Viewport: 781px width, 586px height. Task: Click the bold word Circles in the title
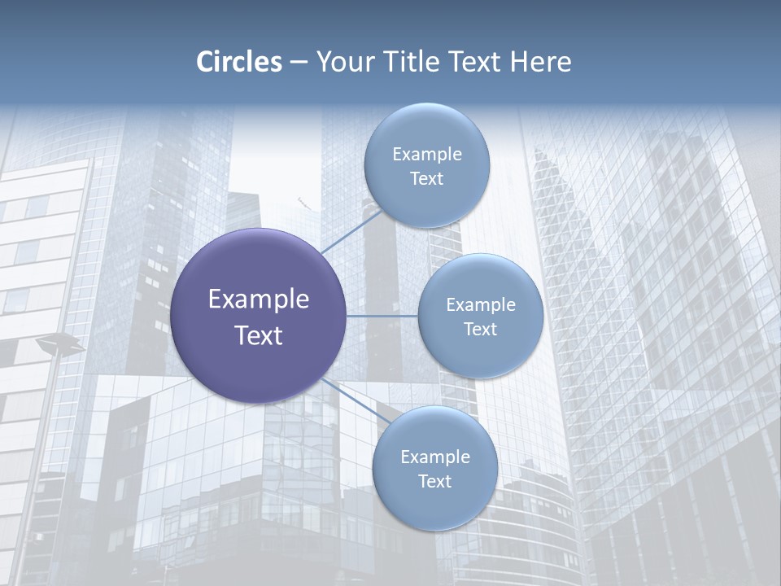[x=239, y=62]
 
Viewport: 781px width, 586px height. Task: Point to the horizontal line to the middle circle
[x=382, y=316]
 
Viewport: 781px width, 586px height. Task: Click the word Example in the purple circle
[x=259, y=300]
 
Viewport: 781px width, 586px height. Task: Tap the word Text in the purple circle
[x=259, y=335]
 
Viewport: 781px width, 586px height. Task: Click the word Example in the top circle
[x=427, y=155]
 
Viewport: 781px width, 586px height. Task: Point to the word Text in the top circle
[x=427, y=179]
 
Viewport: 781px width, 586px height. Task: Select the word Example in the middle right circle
[x=481, y=305]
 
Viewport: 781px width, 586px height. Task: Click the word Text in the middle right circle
[x=481, y=330]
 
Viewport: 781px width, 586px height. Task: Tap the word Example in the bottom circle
[x=435, y=457]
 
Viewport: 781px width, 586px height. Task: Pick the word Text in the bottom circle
[x=435, y=482]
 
